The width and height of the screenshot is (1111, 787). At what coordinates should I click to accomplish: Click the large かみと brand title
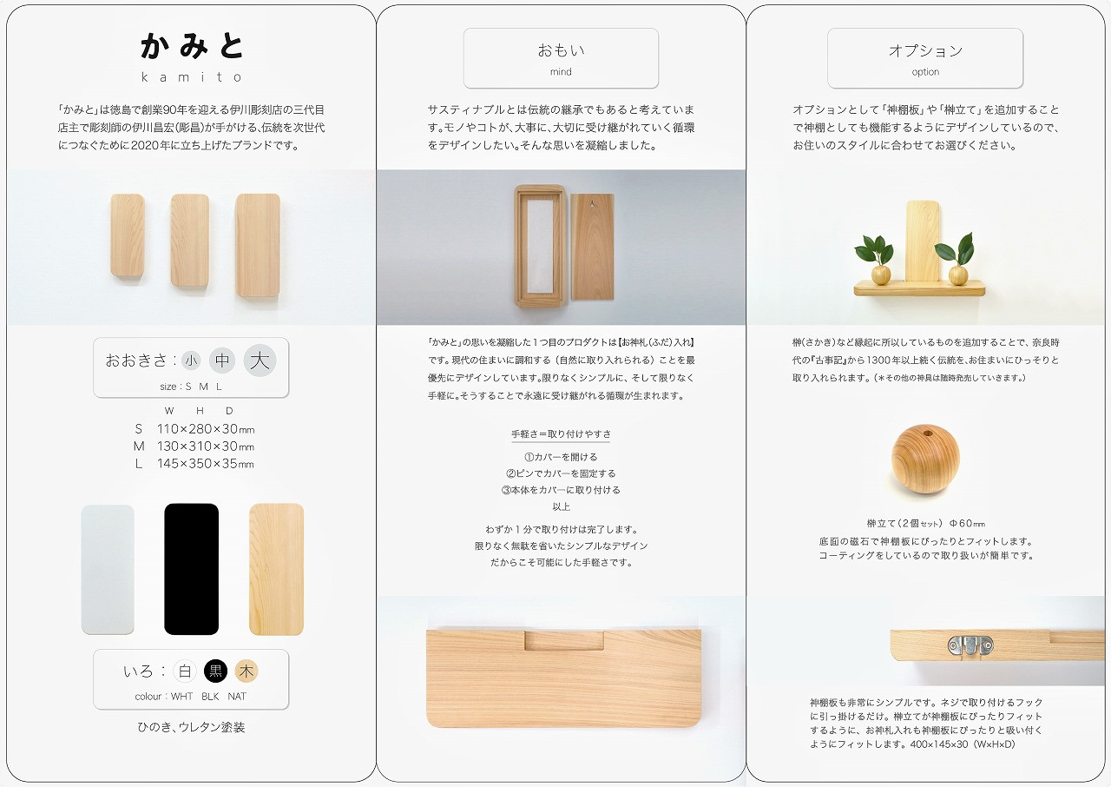[192, 46]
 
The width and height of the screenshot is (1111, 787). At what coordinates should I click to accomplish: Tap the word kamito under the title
[192, 77]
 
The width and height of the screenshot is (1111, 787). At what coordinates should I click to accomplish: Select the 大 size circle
[260, 360]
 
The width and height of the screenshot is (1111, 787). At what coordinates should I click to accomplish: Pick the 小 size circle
[191, 360]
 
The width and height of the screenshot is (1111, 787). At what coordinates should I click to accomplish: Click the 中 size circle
[221, 360]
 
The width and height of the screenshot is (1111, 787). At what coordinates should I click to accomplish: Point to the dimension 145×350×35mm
[205, 464]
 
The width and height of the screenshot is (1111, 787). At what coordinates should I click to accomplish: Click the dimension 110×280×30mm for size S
[206, 429]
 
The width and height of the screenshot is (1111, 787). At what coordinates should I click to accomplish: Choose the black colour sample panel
[192, 569]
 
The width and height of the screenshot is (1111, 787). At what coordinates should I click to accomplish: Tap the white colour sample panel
[108, 570]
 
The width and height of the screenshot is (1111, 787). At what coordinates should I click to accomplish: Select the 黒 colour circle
[215, 671]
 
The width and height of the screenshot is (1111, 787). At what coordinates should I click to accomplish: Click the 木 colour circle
[247, 671]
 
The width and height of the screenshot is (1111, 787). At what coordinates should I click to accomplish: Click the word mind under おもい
[561, 72]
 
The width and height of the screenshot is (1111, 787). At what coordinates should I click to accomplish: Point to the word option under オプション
[925, 72]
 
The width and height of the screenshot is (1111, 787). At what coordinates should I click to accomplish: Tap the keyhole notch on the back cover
[592, 203]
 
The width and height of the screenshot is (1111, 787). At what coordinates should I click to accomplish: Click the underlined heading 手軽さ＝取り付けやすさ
[561, 434]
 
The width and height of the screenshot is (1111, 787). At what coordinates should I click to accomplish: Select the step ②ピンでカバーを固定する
[561, 473]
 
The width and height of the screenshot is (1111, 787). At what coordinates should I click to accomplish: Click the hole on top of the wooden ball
[926, 433]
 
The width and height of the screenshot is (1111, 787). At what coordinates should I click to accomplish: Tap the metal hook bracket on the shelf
[970, 645]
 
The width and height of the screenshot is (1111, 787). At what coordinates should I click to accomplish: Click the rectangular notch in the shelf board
[564, 640]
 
